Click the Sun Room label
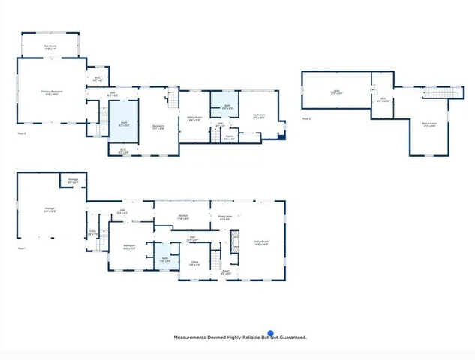point(51,46)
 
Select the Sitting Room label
point(194,118)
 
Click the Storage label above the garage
point(74,181)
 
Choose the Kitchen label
point(183,217)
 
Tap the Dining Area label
point(224,217)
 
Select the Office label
point(194,263)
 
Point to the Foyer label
point(226,274)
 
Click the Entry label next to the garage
point(92,233)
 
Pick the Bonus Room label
point(429,124)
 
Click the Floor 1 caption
point(21,248)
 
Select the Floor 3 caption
point(306,118)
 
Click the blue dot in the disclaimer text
point(271,334)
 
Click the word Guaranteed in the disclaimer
point(292,338)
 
